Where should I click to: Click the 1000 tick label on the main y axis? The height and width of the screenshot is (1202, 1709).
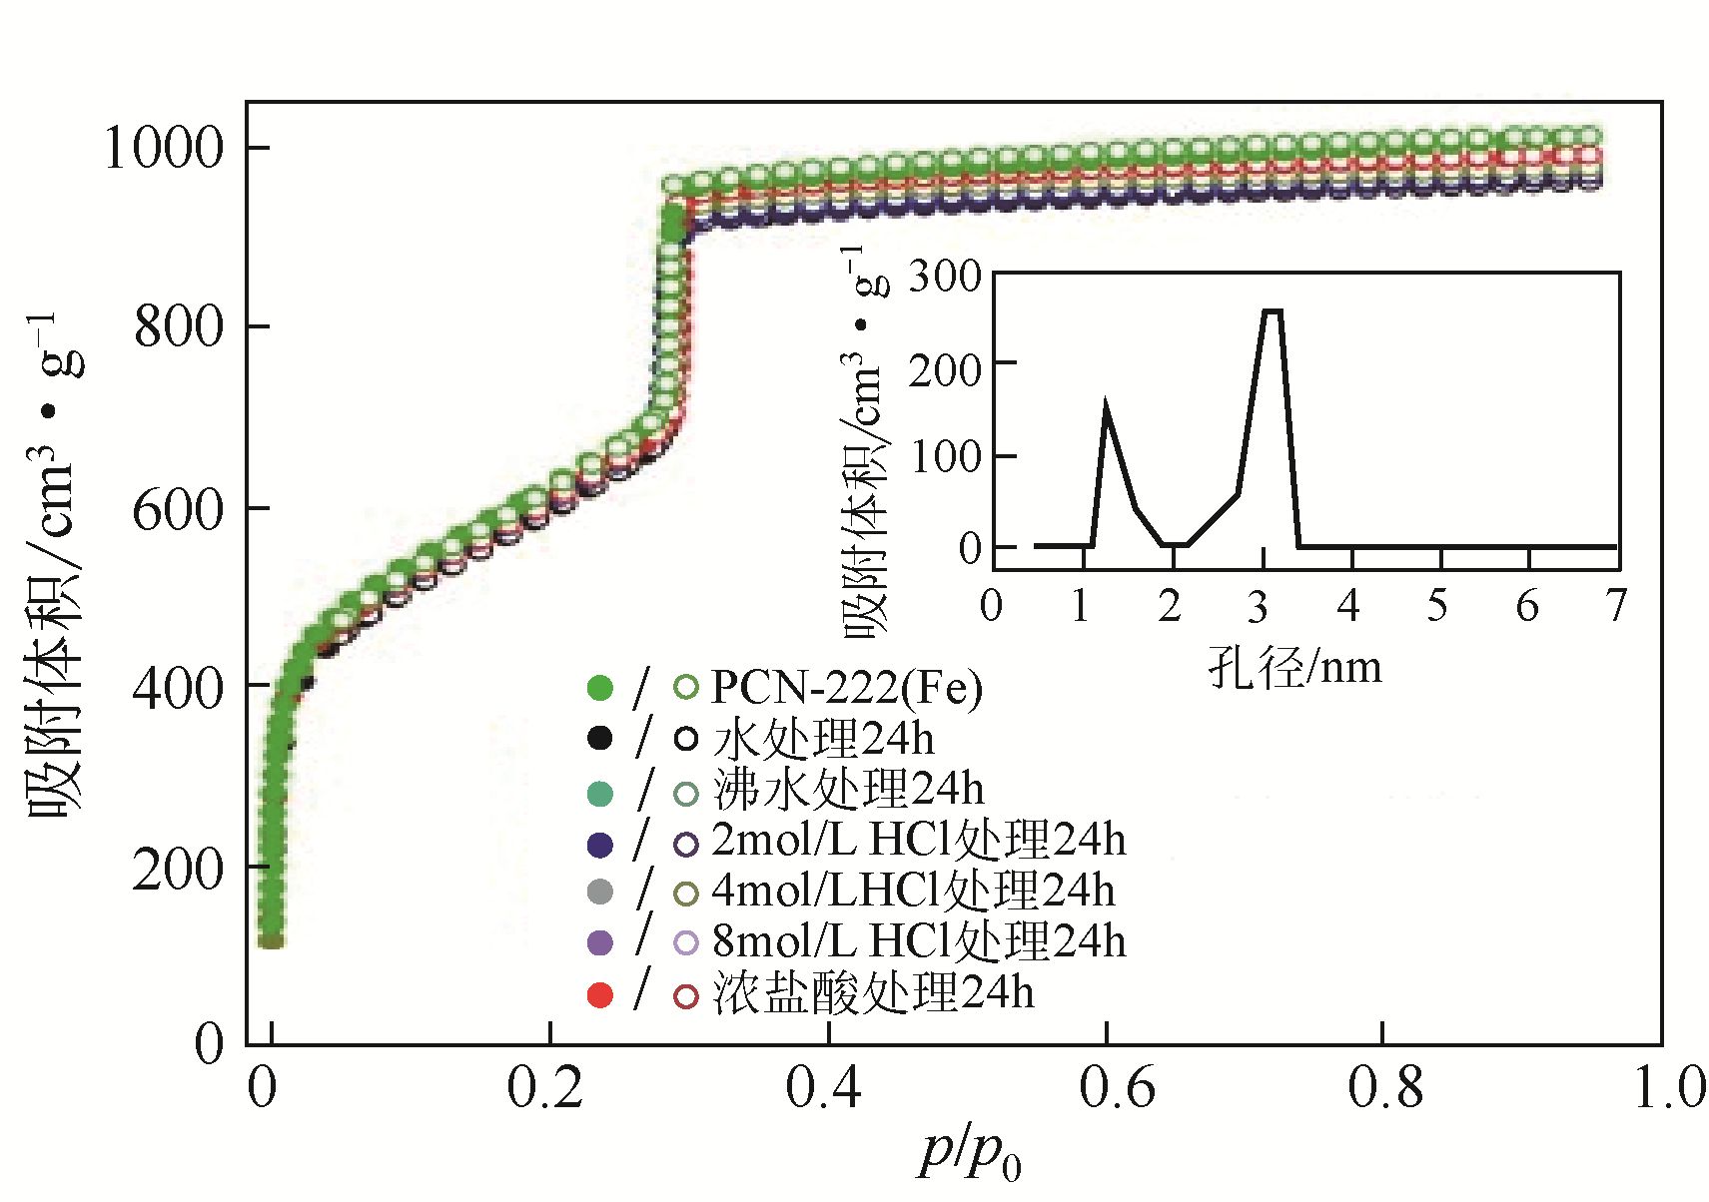coord(163,149)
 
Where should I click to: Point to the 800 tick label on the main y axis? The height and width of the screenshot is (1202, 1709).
coord(179,326)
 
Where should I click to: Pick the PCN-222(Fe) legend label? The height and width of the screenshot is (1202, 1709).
coord(846,688)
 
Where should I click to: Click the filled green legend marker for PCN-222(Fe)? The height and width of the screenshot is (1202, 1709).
coord(599,688)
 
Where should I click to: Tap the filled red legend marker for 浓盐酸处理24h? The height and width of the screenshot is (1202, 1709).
coord(599,995)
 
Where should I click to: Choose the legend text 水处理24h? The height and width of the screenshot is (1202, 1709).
coord(824,739)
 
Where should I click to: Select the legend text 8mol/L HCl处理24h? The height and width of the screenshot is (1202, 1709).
coord(918,941)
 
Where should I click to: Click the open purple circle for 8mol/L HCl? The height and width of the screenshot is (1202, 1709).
coord(686,942)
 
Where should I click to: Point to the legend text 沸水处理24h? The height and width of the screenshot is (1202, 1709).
coord(848,790)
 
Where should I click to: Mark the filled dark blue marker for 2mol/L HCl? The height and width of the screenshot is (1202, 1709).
coord(599,844)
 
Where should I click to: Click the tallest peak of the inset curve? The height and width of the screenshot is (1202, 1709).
coord(1272,311)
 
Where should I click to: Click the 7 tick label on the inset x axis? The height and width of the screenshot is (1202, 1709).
coord(1616,606)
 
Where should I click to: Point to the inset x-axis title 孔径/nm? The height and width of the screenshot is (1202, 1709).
coord(1294,667)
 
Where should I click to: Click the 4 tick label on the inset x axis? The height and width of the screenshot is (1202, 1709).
coord(1348,606)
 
